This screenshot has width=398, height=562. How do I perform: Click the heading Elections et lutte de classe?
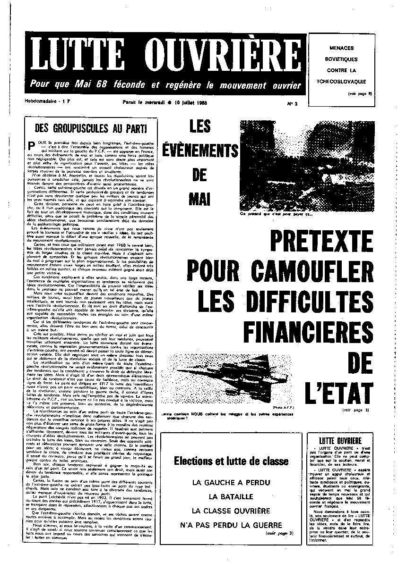pos(231,461)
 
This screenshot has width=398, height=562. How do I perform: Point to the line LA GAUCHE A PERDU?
pos(231,482)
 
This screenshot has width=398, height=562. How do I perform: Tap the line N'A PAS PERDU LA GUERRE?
pos(231,524)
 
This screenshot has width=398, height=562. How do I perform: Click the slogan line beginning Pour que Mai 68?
pos(165,85)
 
